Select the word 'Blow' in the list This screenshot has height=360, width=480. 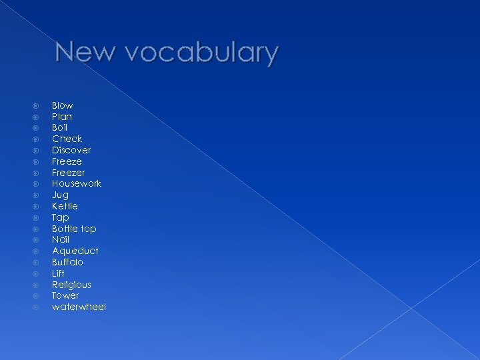(63, 105)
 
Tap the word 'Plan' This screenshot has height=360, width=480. (62, 117)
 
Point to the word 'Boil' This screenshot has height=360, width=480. (60, 127)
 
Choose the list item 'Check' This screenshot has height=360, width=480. (67, 139)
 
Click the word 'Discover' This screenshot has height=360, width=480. (71, 150)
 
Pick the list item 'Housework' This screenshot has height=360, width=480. (77, 183)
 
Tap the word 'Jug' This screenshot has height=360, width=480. (60, 195)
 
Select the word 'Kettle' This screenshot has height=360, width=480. (65, 206)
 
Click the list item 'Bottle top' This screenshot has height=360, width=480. (74, 229)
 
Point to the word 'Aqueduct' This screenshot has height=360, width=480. (75, 251)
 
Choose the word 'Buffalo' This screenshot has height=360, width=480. (67, 262)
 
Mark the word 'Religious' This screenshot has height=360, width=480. (71, 285)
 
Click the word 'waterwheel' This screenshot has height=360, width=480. (79, 307)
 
